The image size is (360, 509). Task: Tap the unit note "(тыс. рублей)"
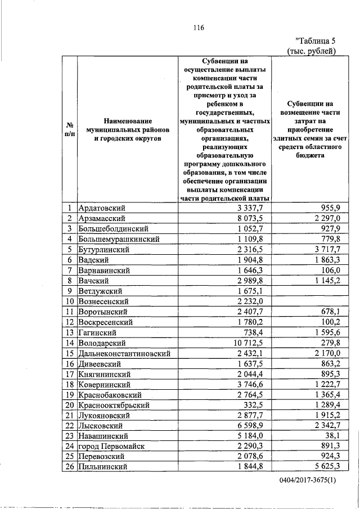312,51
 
